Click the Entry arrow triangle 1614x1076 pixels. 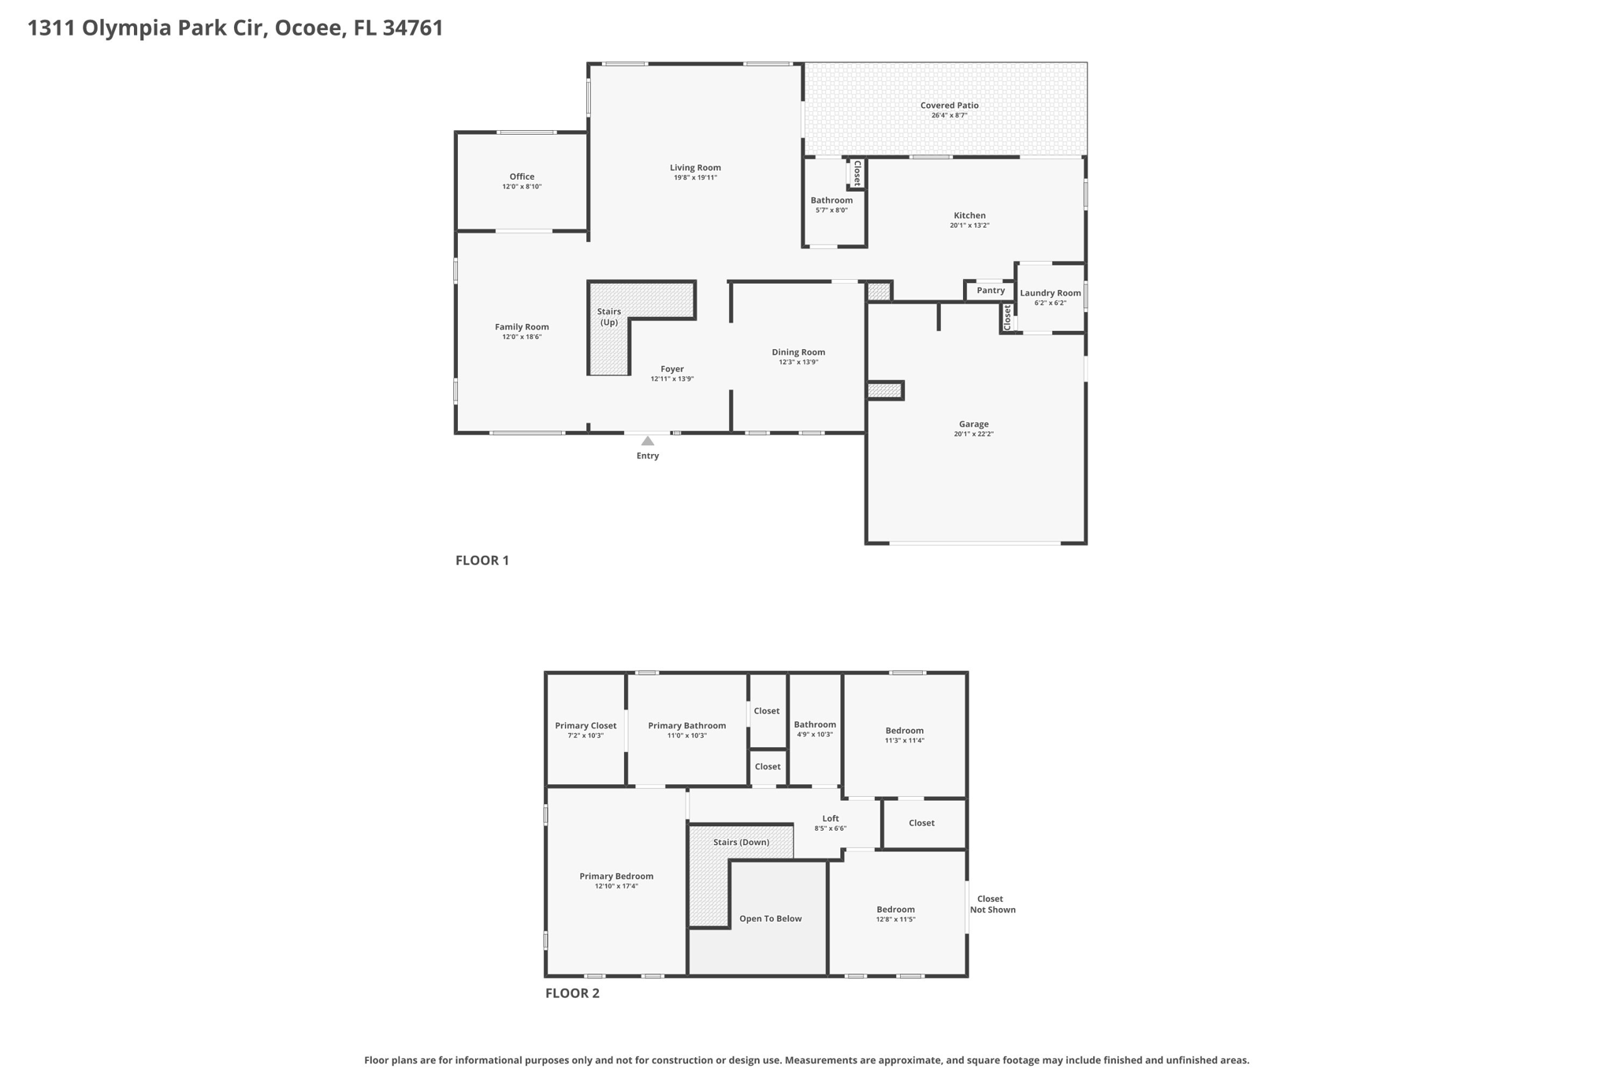(x=647, y=441)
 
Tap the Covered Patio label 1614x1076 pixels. (x=949, y=106)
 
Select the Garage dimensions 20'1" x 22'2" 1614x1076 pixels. (x=973, y=434)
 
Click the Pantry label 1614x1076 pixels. (x=991, y=291)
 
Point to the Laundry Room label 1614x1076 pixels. (x=1050, y=293)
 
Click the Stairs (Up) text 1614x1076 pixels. (x=608, y=317)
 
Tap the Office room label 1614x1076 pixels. (x=522, y=177)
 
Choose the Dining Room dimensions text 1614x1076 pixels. (x=798, y=363)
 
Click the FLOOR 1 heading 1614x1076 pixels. (x=482, y=560)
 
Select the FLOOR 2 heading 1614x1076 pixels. (x=572, y=993)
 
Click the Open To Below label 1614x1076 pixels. (x=770, y=919)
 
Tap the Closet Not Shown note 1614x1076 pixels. (x=992, y=904)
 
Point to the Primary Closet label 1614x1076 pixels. (x=586, y=726)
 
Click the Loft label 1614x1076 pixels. (x=831, y=819)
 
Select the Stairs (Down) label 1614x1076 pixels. (x=741, y=843)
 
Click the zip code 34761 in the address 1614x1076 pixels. (x=413, y=28)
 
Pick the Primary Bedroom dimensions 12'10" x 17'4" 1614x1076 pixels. (x=616, y=887)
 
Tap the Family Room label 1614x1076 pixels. (x=522, y=327)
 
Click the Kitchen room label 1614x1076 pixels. (x=969, y=216)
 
